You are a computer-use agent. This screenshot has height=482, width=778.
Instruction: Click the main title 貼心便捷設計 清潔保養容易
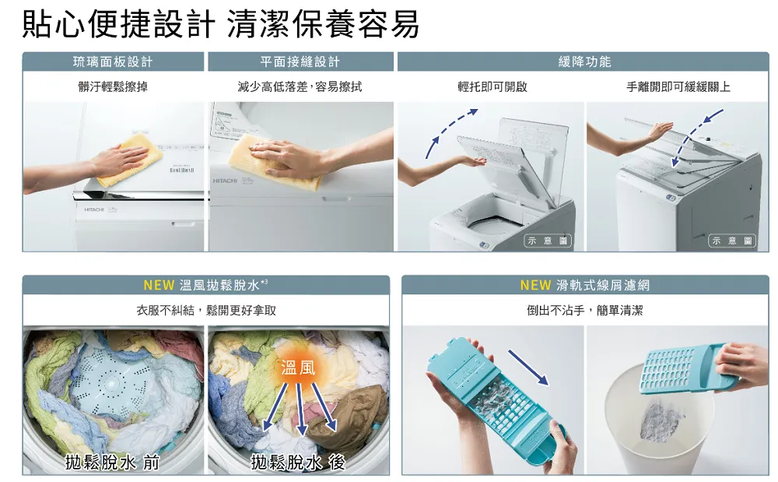[x=221, y=24]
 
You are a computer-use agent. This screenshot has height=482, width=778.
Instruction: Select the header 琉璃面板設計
[x=113, y=62]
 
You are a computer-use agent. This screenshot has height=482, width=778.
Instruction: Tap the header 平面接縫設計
[x=300, y=62]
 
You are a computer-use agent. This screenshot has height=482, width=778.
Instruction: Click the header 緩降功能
[x=584, y=62]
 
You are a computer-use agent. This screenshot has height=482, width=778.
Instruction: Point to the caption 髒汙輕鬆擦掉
[x=113, y=87]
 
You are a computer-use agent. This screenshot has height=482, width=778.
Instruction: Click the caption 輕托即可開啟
[x=492, y=87]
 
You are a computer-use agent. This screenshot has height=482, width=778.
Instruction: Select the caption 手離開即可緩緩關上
[x=678, y=87]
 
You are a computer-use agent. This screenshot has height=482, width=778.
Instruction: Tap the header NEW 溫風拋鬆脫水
[x=205, y=285]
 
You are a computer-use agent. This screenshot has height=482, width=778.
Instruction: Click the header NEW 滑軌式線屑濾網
[x=584, y=285]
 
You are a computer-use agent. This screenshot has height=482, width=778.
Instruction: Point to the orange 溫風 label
[x=298, y=368]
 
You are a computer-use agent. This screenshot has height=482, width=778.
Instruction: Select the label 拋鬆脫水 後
[x=298, y=463]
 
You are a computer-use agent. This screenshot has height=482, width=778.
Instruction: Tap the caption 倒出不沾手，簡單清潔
[x=584, y=311]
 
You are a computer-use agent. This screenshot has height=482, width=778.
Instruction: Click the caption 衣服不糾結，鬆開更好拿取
[x=206, y=311]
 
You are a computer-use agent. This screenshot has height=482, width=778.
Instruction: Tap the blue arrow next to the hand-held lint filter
[x=528, y=368]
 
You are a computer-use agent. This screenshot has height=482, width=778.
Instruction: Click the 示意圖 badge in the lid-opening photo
[x=548, y=241]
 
